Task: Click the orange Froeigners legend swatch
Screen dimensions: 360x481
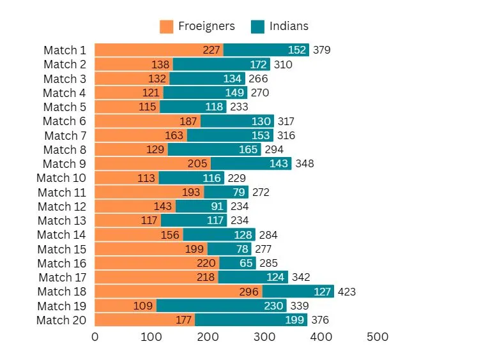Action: pos(166,26)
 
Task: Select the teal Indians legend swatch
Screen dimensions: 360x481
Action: pos(257,26)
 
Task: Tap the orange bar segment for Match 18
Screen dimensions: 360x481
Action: pos(178,292)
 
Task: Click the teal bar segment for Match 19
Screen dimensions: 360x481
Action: pos(222,306)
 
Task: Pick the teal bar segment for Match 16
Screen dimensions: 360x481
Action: pos(238,263)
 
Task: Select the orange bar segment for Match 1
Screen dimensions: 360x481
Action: pos(158,50)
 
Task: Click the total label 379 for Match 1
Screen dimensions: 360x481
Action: pos(322,50)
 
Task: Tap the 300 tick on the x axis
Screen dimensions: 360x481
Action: pos(264,336)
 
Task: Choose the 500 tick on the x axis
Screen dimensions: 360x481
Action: pos(378,336)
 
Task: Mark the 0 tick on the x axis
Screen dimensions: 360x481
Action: pos(95,336)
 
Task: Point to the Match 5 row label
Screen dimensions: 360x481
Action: pos(65,107)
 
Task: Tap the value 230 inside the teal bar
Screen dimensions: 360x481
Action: pos(274,306)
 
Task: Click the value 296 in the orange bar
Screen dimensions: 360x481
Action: pos(248,292)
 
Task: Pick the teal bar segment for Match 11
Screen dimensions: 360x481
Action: pos(226,192)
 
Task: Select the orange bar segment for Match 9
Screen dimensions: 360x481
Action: pos(153,163)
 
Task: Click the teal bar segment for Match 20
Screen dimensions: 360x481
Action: pos(251,320)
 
